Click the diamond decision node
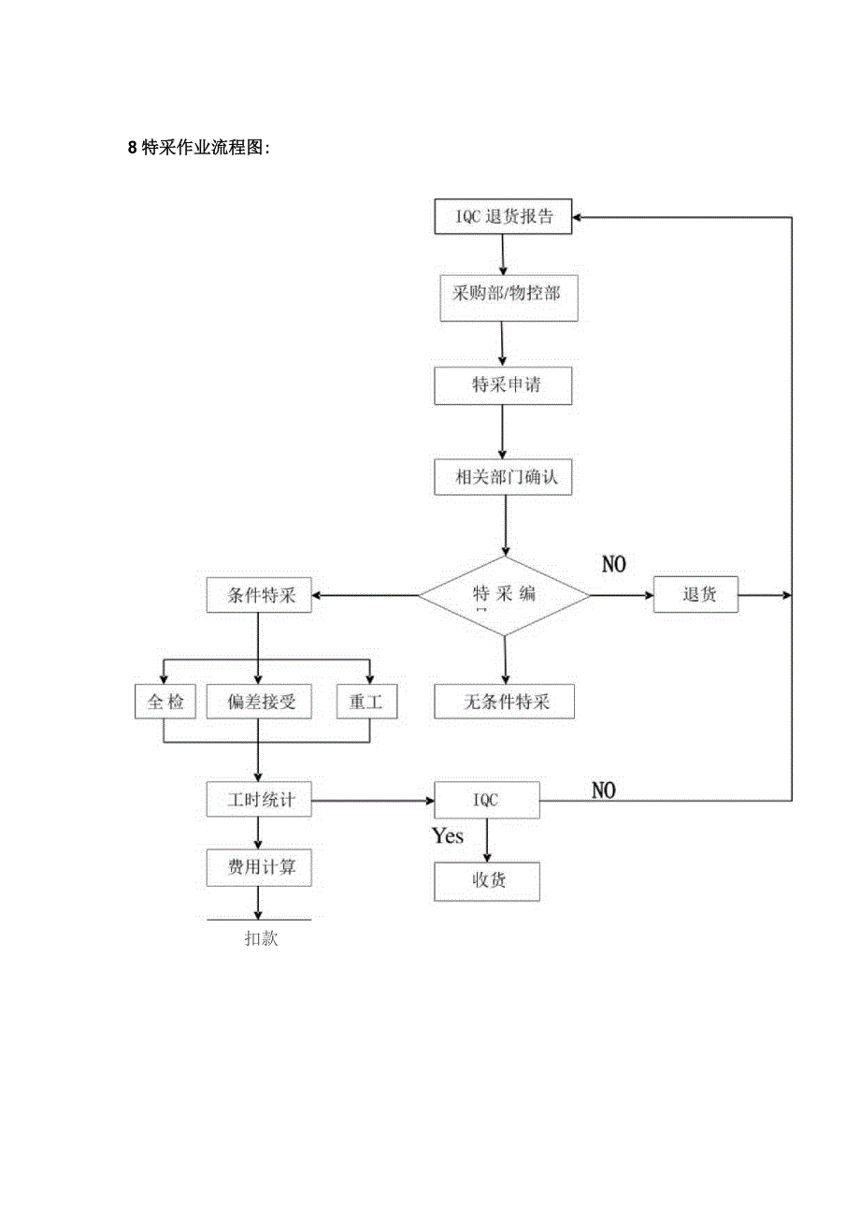(x=504, y=595)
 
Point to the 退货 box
(x=695, y=595)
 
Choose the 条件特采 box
(x=259, y=595)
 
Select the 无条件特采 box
(x=505, y=702)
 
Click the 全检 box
(x=165, y=702)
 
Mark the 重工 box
(x=366, y=702)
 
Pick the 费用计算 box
(x=259, y=868)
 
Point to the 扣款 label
(x=261, y=939)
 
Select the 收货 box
(x=486, y=881)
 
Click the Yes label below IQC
(x=448, y=836)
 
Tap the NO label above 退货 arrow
(x=613, y=564)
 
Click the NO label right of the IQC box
(x=604, y=790)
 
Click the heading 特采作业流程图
(x=198, y=148)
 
